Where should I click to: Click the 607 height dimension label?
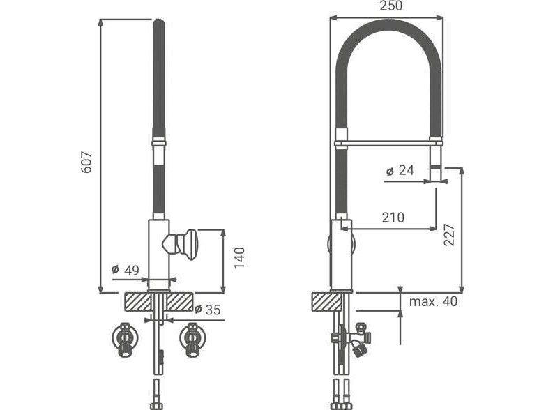point(86,162)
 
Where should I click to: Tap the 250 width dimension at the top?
point(390,6)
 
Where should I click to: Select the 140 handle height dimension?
point(240,257)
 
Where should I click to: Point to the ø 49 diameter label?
point(125,270)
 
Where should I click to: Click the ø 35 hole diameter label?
point(208,309)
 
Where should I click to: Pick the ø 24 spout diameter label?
point(400,171)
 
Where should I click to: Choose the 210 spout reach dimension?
point(393,217)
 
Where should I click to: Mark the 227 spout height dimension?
point(449,235)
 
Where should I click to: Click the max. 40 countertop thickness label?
point(433,301)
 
